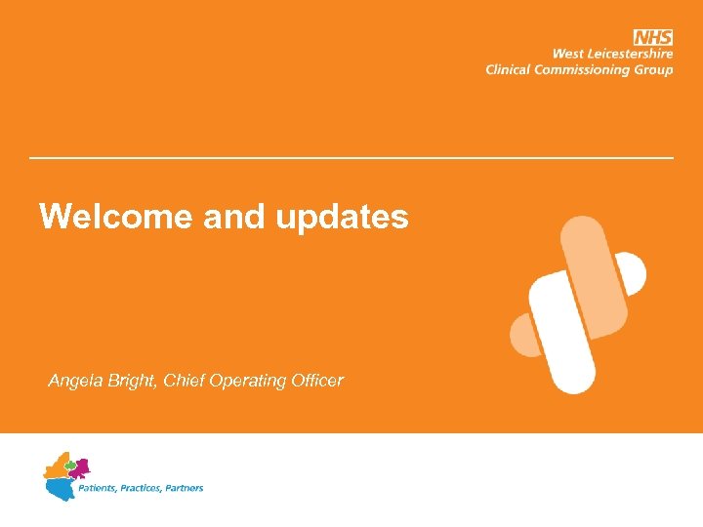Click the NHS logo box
coord(653,37)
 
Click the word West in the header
coord(573,54)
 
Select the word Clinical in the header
coord(511,69)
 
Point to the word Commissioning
coord(587,69)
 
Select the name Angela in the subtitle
coord(74,381)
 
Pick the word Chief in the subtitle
coord(186,381)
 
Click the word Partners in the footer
coord(185,487)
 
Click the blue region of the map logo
coord(58,485)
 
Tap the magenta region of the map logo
coord(79,467)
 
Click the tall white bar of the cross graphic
coord(562,332)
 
